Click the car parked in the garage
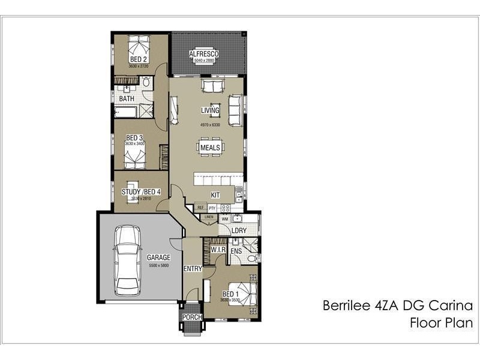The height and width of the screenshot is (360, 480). pyautogui.click(x=127, y=259)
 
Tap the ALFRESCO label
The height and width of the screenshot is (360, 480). pyautogui.click(x=204, y=54)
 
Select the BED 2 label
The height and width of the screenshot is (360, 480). pyautogui.click(x=139, y=60)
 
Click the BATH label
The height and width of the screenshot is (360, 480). pyautogui.click(x=126, y=98)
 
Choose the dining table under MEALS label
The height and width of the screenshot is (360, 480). pyautogui.click(x=210, y=148)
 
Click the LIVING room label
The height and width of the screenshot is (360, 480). pyautogui.click(x=210, y=110)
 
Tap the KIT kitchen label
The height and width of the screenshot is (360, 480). pyautogui.click(x=216, y=195)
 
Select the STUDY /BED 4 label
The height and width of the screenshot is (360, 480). pyautogui.click(x=141, y=192)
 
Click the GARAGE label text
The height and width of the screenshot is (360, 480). pyautogui.click(x=158, y=257)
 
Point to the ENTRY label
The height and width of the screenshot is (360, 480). pyautogui.click(x=193, y=269)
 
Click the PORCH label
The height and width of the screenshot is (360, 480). pyautogui.click(x=193, y=317)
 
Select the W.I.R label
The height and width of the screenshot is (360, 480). pyautogui.click(x=217, y=250)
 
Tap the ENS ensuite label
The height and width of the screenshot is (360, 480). pyautogui.click(x=236, y=250)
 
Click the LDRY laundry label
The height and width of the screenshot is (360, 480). pyautogui.click(x=239, y=230)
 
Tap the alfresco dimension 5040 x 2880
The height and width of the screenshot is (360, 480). pyautogui.click(x=204, y=61)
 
